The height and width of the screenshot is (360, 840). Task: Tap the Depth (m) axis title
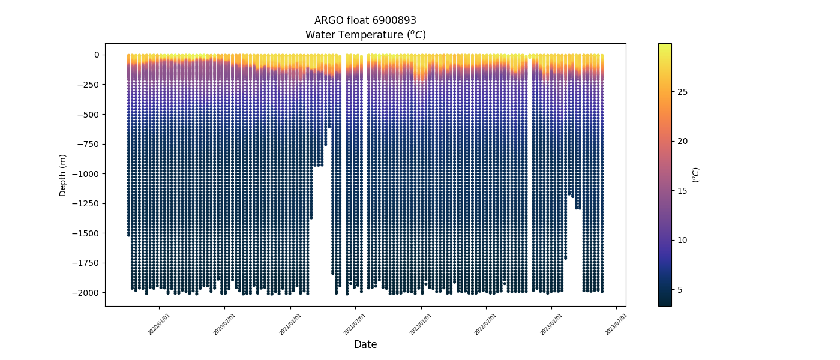(63, 175)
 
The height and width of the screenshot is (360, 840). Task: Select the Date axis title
(365, 344)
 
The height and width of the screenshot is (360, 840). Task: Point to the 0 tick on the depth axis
(96, 55)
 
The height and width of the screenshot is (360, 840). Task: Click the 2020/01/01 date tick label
(159, 324)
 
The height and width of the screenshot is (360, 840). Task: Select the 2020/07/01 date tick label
(224, 324)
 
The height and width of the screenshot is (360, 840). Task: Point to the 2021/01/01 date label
(290, 324)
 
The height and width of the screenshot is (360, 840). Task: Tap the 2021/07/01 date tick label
(355, 324)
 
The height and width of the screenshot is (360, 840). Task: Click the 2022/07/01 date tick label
(485, 324)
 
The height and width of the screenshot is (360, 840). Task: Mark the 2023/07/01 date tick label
(616, 324)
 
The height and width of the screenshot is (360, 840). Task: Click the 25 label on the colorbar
(682, 92)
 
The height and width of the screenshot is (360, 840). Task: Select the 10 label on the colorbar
(682, 240)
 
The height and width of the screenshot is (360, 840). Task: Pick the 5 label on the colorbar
(680, 290)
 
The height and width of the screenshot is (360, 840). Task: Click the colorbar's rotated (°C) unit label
(695, 175)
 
